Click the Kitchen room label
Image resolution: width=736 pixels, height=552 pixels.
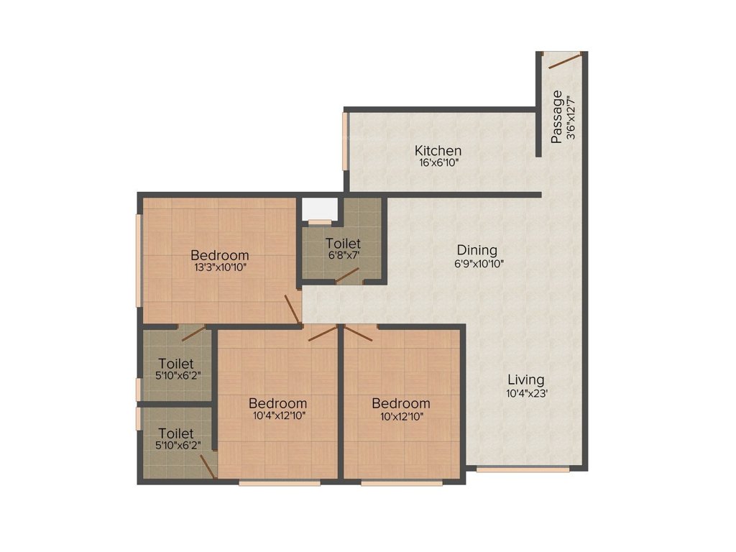coord(438,151)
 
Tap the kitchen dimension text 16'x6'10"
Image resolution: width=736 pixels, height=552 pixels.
coord(438,163)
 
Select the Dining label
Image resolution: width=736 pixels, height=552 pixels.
coord(477,250)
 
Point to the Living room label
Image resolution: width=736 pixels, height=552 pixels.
coord(526,379)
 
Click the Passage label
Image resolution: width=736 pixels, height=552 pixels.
coord(557,117)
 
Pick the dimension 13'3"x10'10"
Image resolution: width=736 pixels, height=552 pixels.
coord(220,267)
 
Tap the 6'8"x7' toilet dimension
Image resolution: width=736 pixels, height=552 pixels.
coord(343,255)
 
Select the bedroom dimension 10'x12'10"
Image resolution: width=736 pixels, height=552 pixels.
coord(401,415)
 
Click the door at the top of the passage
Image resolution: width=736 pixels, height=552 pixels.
coord(564,60)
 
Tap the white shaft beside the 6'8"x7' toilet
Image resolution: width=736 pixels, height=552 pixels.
coord(319,208)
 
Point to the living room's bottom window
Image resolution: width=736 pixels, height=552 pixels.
coord(523,470)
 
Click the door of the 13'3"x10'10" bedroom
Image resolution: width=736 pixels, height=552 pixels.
coord(293,308)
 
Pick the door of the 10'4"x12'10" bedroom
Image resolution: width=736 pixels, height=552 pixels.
coord(323,332)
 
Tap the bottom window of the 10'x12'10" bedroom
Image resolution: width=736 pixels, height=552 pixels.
coord(402,483)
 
